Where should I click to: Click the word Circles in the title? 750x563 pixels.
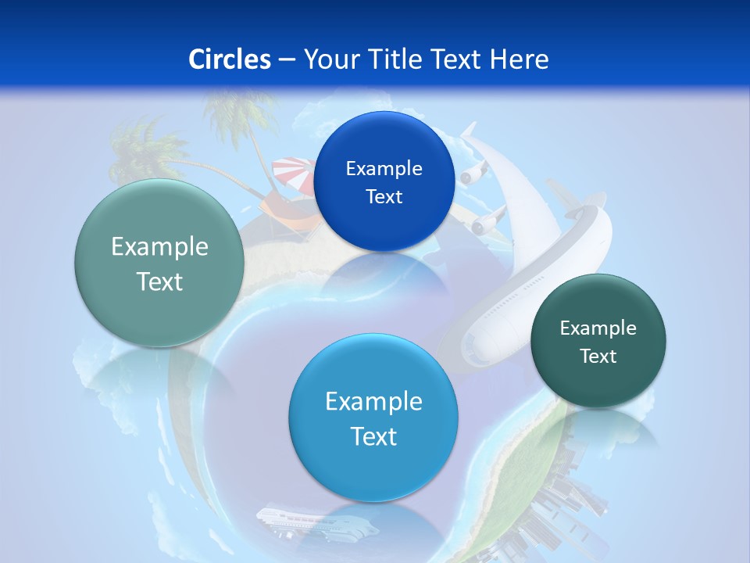[x=230, y=59]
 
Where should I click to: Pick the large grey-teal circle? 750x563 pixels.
[x=159, y=263]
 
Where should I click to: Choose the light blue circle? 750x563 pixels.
[x=373, y=418]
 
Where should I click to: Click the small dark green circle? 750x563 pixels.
[x=598, y=341]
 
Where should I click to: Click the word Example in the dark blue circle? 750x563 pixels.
[x=384, y=168]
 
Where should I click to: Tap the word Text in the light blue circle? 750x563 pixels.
[x=373, y=436]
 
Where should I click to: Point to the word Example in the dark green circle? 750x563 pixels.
[x=598, y=328]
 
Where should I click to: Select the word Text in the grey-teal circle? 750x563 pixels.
[x=159, y=281]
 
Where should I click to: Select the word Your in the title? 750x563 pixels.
[x=328, y=59]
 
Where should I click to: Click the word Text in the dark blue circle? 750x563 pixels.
[x=384, y=196]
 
